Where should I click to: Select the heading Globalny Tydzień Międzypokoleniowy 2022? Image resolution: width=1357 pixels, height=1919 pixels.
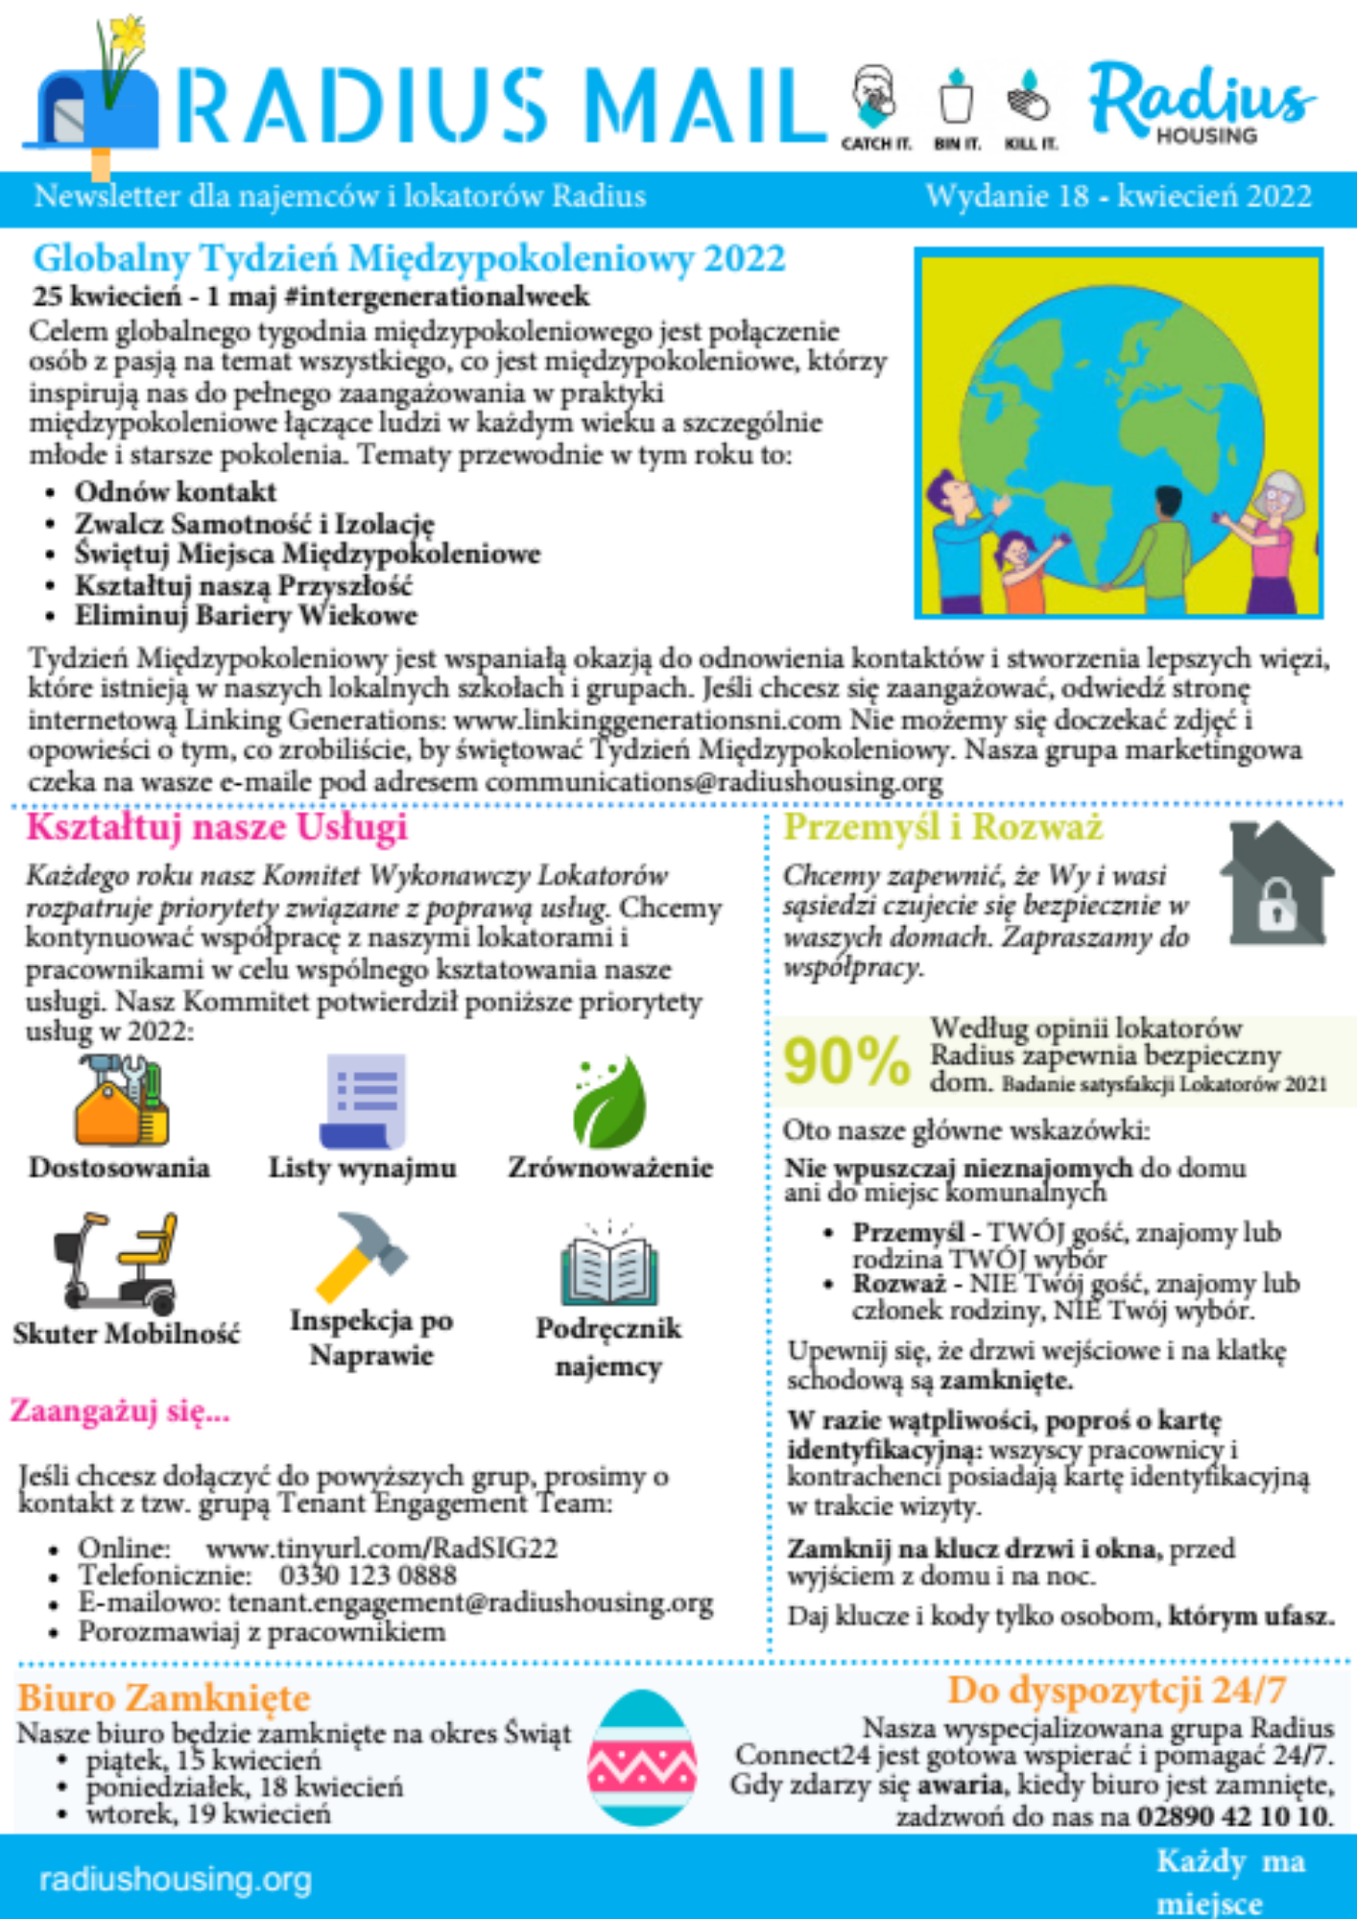tap(409, 258)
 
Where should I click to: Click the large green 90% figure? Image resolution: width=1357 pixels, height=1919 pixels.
tap(845, 1062)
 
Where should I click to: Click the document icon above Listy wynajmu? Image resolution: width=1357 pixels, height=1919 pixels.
tap(364, 1100)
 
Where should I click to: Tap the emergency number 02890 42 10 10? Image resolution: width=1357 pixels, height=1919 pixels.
tap(1234, 1815)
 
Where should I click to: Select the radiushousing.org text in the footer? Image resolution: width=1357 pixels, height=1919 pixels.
tap(176, 1879)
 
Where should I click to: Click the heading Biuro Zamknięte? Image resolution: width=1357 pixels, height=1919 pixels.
tap(164, 1698)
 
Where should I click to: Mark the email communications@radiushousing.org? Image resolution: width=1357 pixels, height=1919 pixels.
tap(714, 782)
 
